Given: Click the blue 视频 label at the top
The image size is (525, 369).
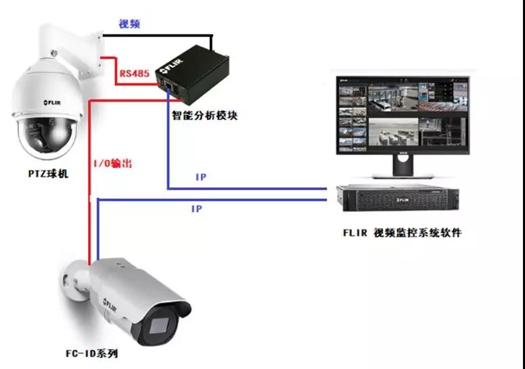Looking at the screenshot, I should [x=130, y=25].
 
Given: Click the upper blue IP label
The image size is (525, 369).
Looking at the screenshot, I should [x=201, y=177].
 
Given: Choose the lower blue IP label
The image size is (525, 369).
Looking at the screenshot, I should [x=196, y=210].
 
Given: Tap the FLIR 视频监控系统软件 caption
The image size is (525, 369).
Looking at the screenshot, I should [x=402, y=233].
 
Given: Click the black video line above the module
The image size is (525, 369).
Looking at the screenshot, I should [x=162, y=36].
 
